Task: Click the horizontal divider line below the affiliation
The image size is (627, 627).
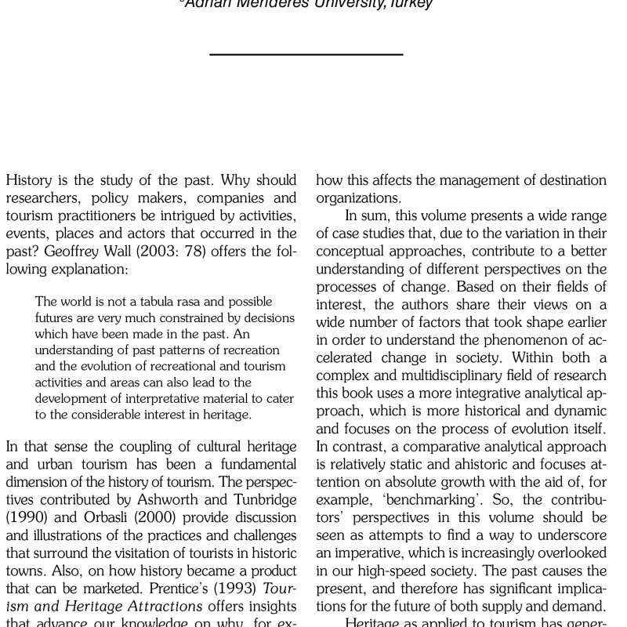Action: pos(306,54)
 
